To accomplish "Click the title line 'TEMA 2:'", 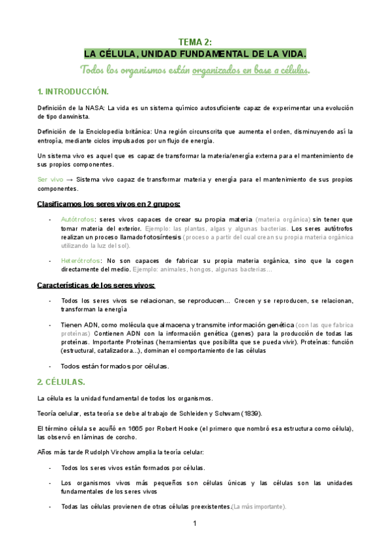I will pos(195,42).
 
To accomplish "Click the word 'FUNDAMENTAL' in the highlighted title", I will pos(208,53).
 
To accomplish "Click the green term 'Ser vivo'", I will pos(51,179).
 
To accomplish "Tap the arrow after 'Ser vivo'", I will pos(70,179).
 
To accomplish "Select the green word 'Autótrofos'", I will pos(77,219).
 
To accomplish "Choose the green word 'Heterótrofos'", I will pos(80,260).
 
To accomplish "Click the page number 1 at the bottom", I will pos(195,524).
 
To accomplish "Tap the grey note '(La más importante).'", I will pos(259,506).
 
